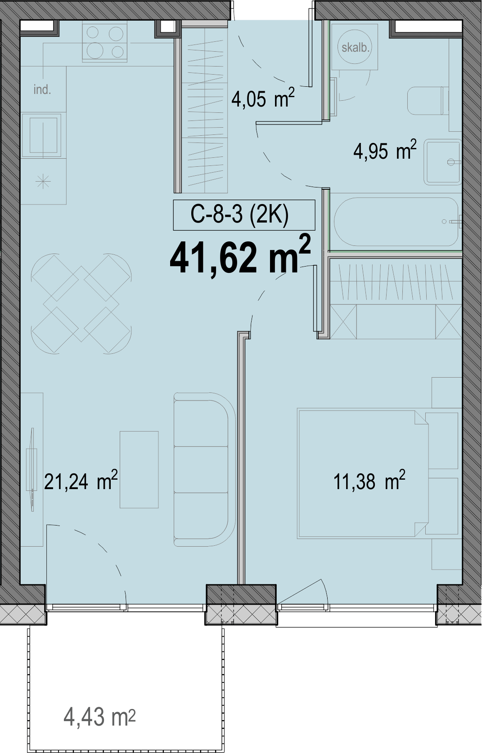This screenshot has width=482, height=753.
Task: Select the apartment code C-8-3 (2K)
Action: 240,214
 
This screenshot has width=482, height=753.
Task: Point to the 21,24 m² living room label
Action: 81,481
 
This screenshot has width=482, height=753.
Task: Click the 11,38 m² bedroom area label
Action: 369,481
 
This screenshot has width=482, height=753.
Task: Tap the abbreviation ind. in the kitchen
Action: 42,90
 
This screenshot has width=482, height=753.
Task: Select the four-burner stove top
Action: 105,42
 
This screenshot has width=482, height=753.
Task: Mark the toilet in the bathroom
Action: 428,101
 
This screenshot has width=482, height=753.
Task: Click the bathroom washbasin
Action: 442,162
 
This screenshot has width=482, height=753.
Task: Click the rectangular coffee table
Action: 140,470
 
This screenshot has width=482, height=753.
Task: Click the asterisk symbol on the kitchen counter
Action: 43,182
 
